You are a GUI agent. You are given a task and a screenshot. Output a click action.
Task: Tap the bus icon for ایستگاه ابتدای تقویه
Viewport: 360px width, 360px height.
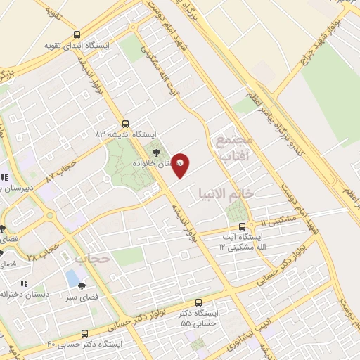tap(77, 34)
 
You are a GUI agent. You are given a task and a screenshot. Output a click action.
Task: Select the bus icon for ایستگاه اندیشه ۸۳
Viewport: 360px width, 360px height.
tap(126, 122)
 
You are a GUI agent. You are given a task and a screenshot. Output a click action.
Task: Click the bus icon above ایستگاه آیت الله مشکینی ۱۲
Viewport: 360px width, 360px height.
tap(243, 226)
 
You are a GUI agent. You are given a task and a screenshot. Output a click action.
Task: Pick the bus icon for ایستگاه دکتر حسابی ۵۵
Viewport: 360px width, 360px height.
tap(198, 300)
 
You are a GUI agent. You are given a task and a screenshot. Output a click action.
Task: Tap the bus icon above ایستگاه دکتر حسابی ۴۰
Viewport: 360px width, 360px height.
tap(85, 333)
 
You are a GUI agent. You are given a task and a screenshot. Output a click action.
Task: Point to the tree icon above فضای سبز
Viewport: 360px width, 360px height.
tap(82, 285)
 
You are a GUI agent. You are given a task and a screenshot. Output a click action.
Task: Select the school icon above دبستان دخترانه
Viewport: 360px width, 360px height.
tap(24, 283)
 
